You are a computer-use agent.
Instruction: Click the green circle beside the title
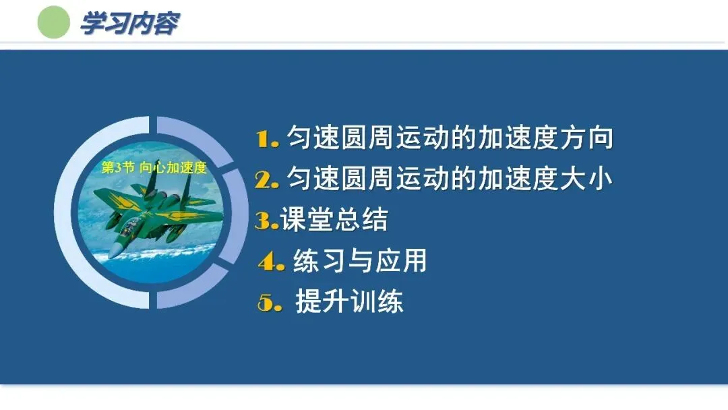pyautogui.click(x=54, y=22)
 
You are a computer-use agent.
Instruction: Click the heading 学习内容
pyautogui.click(x=129, y=23)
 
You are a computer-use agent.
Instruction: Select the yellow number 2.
pyautogui.click(x=266, y=179)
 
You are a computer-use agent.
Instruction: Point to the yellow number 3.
pyautogui.click(x=266, y=221)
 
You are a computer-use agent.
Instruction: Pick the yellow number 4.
pyautogui.click(x=271, y=262)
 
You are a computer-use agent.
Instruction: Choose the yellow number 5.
pyautogui.click(x=270, y=302)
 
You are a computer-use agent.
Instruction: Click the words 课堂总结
pyautogui.click(x=334, y=220)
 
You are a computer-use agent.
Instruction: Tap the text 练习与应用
pyautogui.click(x=360, y=260)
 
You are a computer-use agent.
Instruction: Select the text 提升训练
pyautogui.click(x=349, y=301)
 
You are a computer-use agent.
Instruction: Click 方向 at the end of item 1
pyautogui.click(x=586, y=138)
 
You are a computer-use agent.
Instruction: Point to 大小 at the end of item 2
pyautogui.click(x=586, y=179)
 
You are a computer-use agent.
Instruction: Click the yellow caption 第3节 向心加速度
pyautogui.click(x=154, y=168)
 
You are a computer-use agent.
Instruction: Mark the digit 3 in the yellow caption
pyautogui.click(x=117, y=168)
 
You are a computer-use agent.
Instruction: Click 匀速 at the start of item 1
pyautogui.click(x=313, y=138)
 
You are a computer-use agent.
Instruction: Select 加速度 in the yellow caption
pyautogui.click(x=186, y=168)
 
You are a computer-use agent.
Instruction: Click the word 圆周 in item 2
pyautogui.click(x=368, y=179)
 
